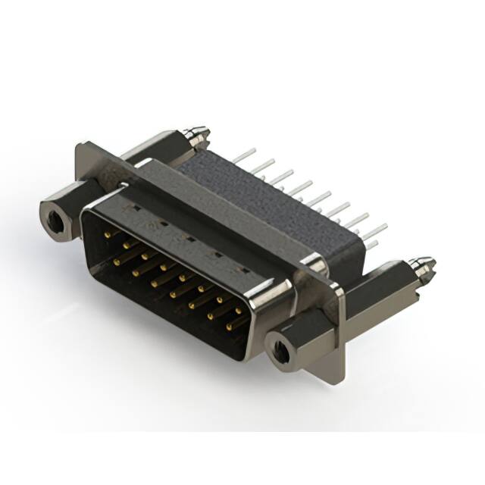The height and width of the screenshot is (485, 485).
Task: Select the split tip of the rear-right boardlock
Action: [418, 264]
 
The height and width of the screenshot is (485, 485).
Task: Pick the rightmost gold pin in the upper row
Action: [241, 309]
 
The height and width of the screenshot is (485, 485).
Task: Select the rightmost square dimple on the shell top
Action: [243, 270]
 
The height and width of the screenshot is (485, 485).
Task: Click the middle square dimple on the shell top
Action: [187, 239]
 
